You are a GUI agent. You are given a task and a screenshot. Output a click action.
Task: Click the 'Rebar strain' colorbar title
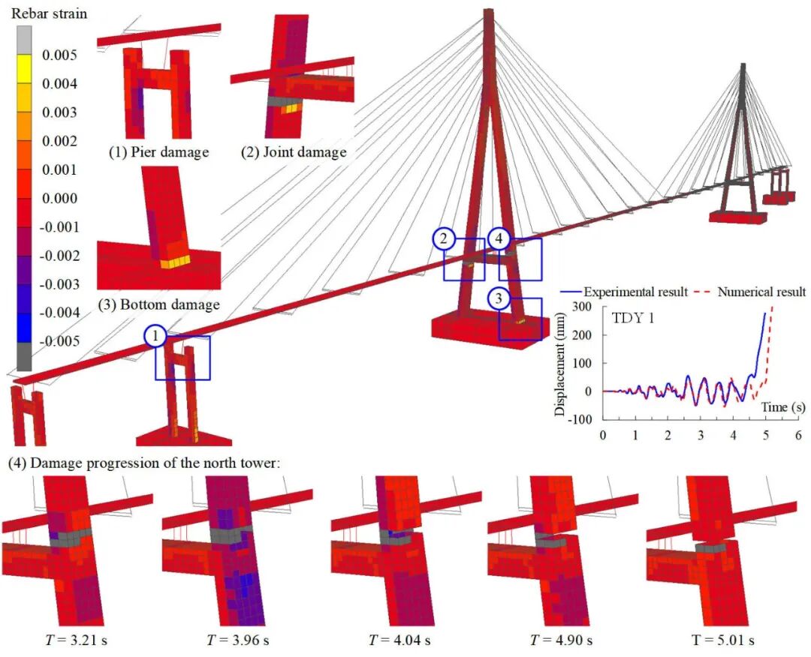pos(49,13)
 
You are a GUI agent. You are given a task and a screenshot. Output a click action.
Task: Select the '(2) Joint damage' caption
pos(294,152)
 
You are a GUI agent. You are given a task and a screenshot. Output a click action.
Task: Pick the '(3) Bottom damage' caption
pos(158,304)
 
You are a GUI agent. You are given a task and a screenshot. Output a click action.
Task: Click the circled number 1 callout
pos(155,337)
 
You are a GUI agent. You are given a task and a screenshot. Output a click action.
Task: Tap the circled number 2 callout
pos(444,239)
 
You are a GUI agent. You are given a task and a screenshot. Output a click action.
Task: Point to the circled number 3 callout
pos(499,298)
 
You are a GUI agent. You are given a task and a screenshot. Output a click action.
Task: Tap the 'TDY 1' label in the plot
pos(632,317)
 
